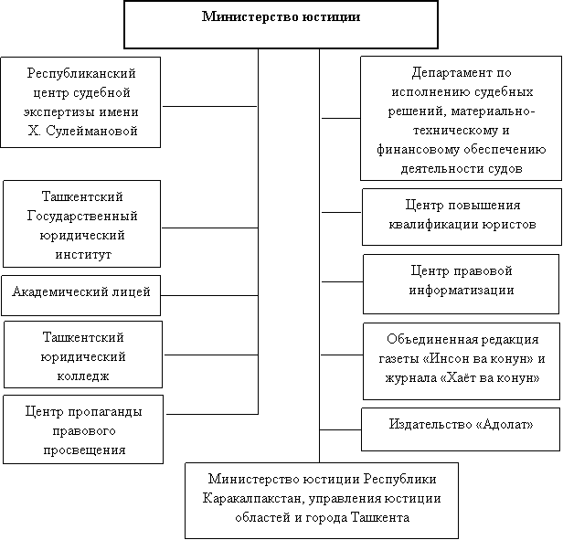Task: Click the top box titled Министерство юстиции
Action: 281,25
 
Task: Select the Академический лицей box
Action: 80,295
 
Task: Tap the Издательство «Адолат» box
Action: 461,429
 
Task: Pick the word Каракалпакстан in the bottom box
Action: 253,499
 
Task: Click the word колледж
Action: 83,376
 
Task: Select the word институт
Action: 83,255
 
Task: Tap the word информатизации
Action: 462,291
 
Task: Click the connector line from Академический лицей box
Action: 209,295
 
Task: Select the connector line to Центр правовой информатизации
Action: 342,281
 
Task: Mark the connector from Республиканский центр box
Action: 209,106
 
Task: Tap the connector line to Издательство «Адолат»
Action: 340,429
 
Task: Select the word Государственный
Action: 82,217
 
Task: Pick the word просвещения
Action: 84,450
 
